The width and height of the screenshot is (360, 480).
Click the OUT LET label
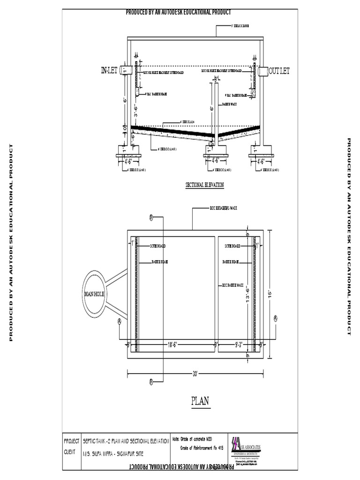(279, 71)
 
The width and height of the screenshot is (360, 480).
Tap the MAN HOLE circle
(95, 293)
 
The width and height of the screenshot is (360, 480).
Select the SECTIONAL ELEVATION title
(205, 185)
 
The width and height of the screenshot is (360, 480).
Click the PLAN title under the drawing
(200, 401)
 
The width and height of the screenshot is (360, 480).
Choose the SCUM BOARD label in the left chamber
(157, 246)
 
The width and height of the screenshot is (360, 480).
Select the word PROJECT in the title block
(72, 442)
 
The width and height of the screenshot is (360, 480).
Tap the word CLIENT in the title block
(70, 453)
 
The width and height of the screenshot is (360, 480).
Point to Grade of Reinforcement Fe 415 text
(202, 448)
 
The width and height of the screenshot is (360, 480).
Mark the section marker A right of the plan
(276, 318)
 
